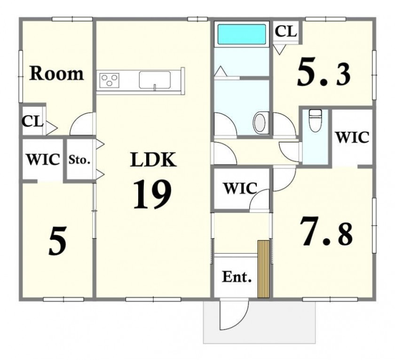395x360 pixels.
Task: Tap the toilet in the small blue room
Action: point(315,120)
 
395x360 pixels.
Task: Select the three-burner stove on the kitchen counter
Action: point(109,80)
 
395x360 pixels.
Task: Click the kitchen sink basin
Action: point(155,80)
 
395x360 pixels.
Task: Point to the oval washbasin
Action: point(260,123)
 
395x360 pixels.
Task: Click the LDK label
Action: point(153,160)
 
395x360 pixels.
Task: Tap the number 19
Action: point(152,194)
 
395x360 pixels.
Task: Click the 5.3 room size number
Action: point(324,72)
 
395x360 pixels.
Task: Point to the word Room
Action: point(56,73)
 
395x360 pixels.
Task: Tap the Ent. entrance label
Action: point(237,277)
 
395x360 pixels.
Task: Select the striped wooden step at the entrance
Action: point(263,269)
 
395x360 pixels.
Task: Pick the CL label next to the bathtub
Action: point(286,32)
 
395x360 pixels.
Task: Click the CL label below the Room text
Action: point(33,121)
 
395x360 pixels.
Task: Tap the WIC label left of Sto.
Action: point(43,160)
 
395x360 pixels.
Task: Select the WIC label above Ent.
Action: point(240,188)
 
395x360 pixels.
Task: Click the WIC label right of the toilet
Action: point(352,137)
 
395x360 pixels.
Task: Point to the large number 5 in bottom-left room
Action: point(58,241)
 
